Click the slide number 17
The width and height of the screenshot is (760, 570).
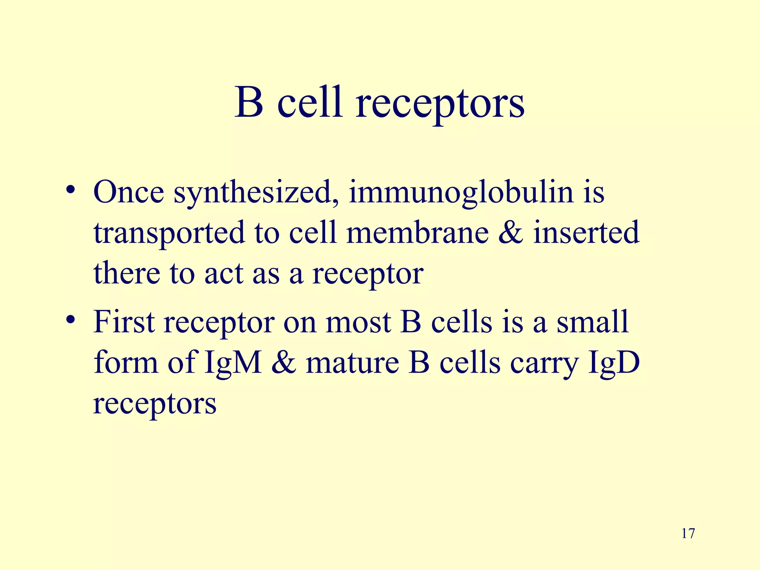[688, 534]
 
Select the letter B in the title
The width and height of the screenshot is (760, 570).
[249, 102]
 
